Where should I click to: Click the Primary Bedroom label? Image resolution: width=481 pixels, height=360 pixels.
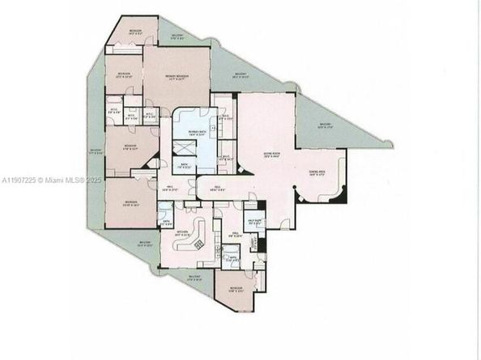(x=177, y=76)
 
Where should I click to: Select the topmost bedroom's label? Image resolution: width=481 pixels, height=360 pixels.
(x=135, y=31)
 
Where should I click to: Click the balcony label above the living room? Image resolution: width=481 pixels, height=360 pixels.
(x=240, y=75)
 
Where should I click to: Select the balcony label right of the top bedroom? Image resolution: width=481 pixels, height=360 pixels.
(x=180, y=36)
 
